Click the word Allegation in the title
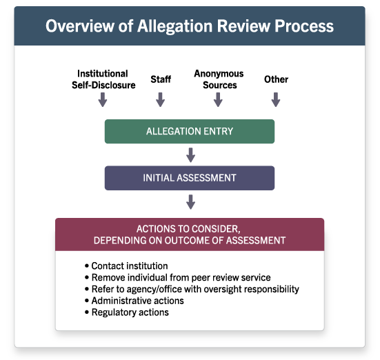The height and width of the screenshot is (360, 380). point(175,26)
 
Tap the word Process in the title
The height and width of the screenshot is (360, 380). point(304,26)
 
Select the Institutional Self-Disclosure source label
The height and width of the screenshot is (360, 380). point(103,79)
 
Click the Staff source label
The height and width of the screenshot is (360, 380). point(161,79)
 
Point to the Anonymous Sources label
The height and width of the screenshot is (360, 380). point(219,79)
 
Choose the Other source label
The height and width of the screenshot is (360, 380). point(276,79)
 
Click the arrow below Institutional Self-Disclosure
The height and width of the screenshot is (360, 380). point(103,99)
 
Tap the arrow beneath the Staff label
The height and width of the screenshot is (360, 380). point(161,99)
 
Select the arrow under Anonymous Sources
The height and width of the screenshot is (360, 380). point(218,99)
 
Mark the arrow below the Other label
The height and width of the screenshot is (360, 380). point(276,99)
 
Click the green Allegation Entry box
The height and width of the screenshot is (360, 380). point(190,132)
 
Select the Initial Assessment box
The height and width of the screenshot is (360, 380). point(190,178)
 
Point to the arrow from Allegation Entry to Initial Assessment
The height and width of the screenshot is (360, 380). point(191,155)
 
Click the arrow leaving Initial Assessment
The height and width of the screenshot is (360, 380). point(191,201)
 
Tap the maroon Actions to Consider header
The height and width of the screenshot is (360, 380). point(190,234)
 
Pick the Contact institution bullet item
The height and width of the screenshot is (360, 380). point(126,266)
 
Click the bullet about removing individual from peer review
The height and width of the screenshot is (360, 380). point(178,277)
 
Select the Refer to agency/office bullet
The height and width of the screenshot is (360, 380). point(192,289)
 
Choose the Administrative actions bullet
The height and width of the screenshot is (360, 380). point(134,301)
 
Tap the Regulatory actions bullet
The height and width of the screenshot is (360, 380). point(127,312)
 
